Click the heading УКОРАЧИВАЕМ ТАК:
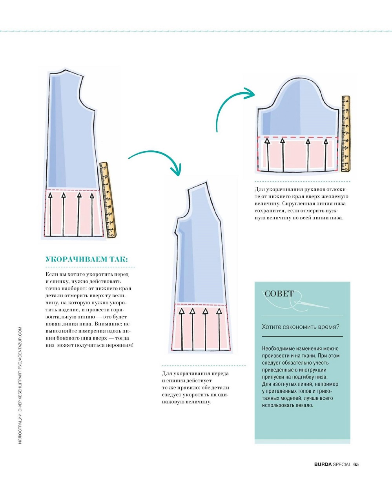pyautogui.click(x=87, y=260)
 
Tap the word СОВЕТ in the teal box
pyautogui.click(x=279, y=294)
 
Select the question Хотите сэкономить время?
pyautogui.click(x=301, y=326)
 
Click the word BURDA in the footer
pyautogui.click(x=323, y=464)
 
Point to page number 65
pyautogui.click(x=356, y=464)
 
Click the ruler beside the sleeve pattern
pyautogui.click(x=346, y=134)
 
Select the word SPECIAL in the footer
pyautogui.click(x=341, y=464)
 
